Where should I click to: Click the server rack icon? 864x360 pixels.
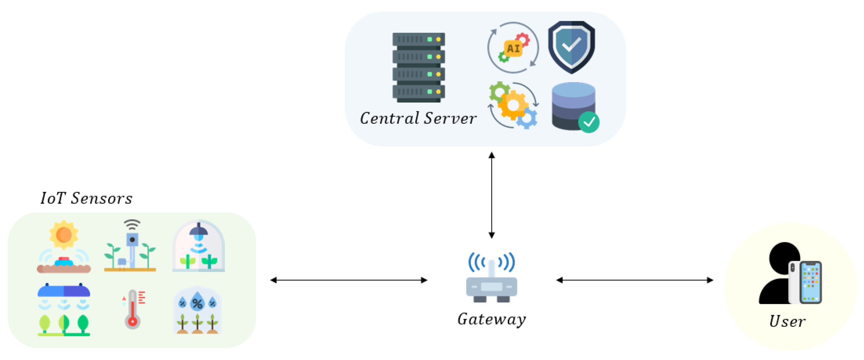(418, 67)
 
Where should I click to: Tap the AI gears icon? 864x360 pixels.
(513, 48)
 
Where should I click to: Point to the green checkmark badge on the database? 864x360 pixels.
(589, 122)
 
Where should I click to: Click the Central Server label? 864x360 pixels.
(418, 118)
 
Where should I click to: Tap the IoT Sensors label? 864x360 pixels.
(86, 198)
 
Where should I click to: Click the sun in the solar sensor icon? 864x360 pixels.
(63, 235)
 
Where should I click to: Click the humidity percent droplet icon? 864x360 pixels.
(197, 304)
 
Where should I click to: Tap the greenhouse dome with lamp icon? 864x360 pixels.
(198, 246)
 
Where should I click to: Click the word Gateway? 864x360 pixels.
(491, 319)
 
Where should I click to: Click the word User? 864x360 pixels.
(787, 321)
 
